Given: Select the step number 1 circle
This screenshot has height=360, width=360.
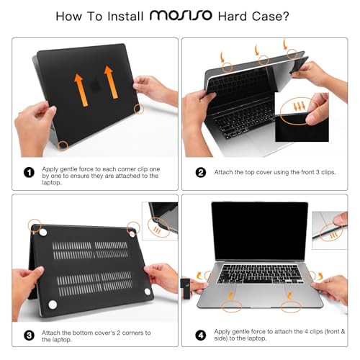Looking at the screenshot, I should [x=29, y=172].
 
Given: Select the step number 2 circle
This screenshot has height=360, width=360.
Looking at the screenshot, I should [x=200, y=172].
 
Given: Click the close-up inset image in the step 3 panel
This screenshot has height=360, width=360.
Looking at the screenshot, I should [x=162, y=220].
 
